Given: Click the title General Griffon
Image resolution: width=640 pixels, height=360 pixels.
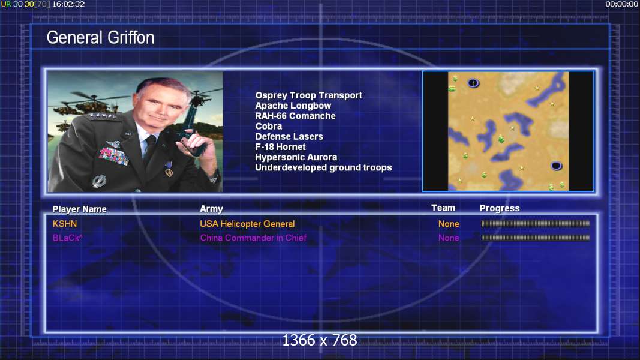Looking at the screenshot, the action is (x=100, y=38).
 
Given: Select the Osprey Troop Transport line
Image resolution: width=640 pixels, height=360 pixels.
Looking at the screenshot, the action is (x=308, y=95).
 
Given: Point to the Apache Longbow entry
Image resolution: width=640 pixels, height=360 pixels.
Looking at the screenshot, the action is (x=293, y=106).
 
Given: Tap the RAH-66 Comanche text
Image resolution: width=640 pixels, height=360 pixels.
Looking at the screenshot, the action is (x=296, y=116).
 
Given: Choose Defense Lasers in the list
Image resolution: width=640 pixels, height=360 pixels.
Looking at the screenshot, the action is (x=289, y=137).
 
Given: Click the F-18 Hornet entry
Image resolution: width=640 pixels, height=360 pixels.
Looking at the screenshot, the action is (x=280, y=147).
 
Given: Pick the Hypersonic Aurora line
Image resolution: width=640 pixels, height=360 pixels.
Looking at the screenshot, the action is (x=296, y=157).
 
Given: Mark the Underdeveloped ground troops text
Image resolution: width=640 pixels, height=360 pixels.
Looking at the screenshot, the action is (x=323, y=168).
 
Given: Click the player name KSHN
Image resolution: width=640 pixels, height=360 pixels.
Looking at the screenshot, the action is (x=65, y=224).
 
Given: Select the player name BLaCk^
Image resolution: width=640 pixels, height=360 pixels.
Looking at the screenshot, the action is (x=67, y=238).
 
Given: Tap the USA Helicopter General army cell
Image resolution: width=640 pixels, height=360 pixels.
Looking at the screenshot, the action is (x=247, y=224).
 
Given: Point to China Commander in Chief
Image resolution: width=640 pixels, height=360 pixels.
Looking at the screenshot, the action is (x=253, y=238).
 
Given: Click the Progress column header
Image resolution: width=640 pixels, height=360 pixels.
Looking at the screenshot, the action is (x=500, y=209).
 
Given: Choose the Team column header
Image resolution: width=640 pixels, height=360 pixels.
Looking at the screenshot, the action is (x=443, y=208).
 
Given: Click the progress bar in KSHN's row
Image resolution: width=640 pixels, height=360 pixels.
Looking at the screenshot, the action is (x=536, y=224).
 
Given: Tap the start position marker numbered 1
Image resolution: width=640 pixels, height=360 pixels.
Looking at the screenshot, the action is (x=473, y=83).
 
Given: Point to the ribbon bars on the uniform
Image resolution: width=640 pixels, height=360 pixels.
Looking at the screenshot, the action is (x=113, y=156).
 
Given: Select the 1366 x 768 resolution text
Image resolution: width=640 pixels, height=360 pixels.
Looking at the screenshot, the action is (x=320, y=340).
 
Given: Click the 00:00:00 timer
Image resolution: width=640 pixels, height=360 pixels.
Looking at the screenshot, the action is (x=621, y=4).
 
